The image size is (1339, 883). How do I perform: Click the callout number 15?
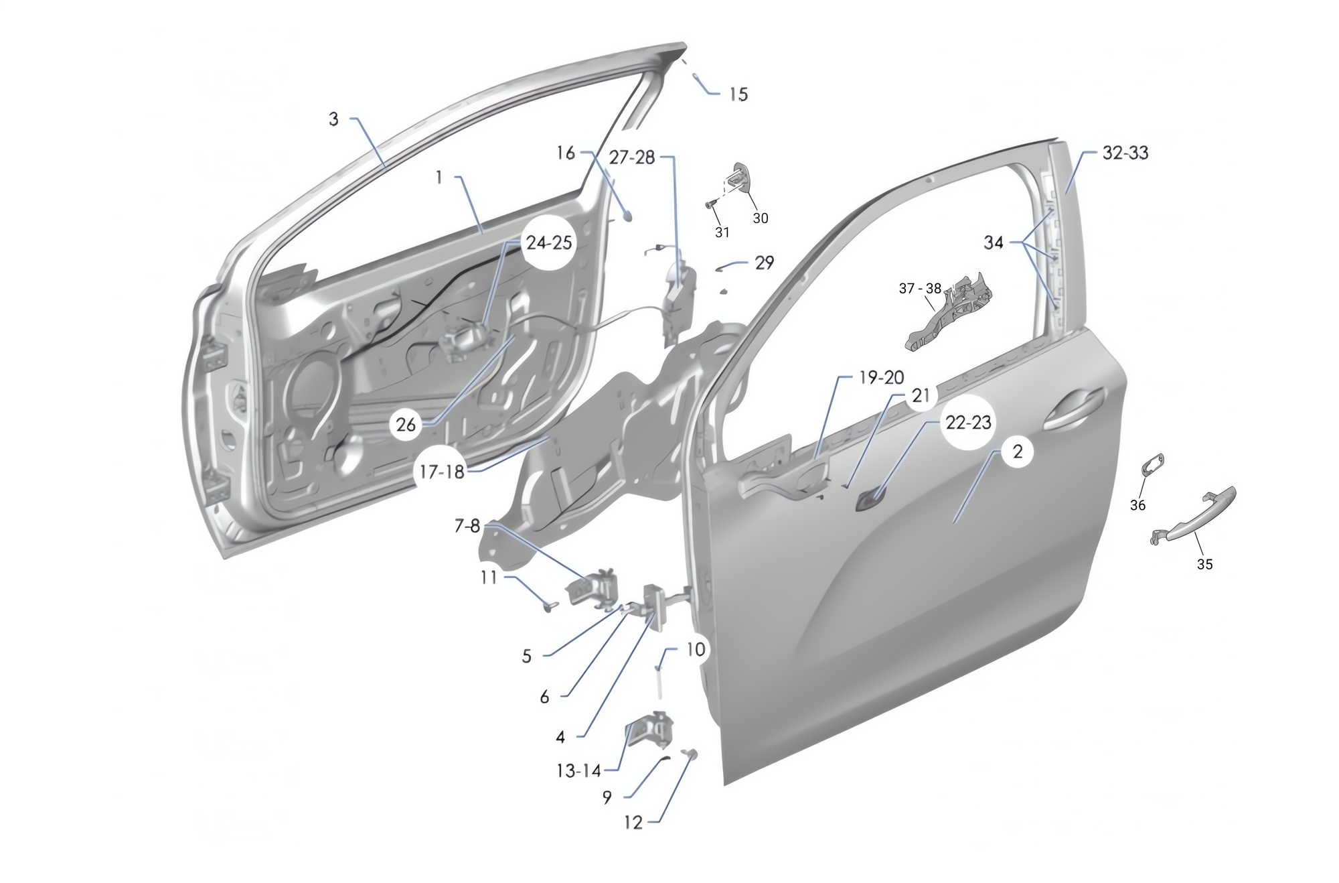click(738, 94)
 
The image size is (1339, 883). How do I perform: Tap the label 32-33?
click(1125, 153)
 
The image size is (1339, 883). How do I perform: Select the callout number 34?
click(994, 243)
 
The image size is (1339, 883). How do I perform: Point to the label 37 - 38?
click(920, 289)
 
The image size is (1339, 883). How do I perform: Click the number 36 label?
click(1138, 505)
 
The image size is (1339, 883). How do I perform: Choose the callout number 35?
click(1204, 565)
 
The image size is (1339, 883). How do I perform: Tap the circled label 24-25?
click(549, 243)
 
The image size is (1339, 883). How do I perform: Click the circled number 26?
click(406, 425)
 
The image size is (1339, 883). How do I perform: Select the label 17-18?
click(442, 472)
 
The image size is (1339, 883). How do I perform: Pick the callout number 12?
click(633, 823)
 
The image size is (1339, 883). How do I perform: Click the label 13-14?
click(578, 771)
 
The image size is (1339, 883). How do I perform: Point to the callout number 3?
click(333, 119)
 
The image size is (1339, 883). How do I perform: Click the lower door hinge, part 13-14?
click(649, 733)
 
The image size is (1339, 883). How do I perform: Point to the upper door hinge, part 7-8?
click(593, 590)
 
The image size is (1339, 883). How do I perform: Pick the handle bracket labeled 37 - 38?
click(949, 312)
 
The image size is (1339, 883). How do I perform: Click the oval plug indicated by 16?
click(629, 215)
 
